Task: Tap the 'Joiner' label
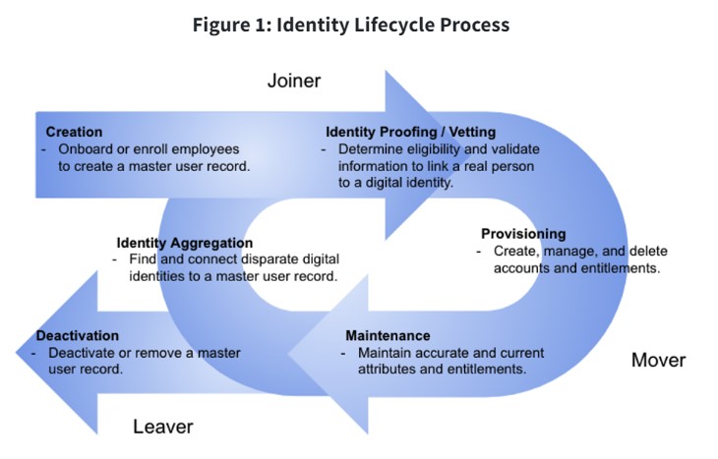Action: (x=294, y=81)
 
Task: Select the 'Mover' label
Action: (x=658, y=360)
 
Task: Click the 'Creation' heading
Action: (x=74, y=132)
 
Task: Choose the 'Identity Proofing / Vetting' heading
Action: (x=410, y=132)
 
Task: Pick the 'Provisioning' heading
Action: (x=523, y=234)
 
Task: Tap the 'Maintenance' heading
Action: (x=388, y=335)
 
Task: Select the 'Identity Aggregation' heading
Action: (x=184, y=243)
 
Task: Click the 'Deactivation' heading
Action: (x=78, y=335)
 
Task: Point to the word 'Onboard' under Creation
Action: (x=85, y=148)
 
